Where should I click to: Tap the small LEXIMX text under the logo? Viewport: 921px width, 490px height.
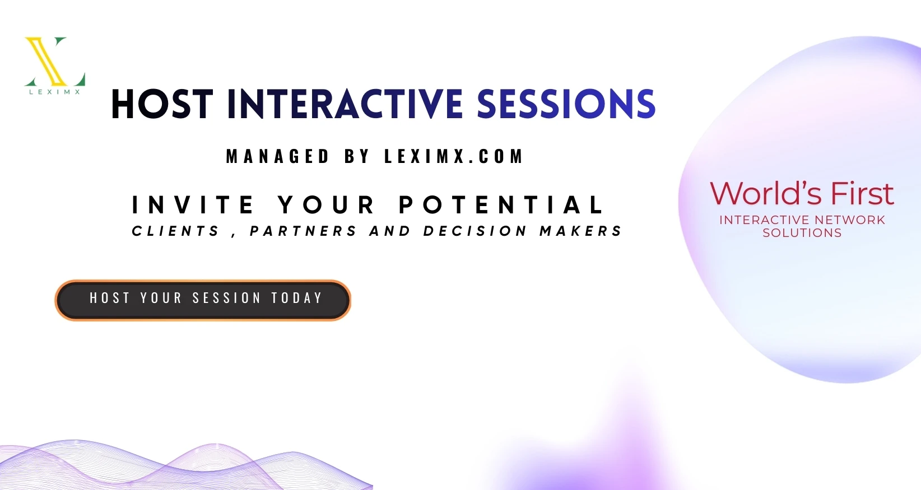55,92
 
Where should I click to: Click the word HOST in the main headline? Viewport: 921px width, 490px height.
162,104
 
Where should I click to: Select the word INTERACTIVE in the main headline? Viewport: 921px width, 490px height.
345,104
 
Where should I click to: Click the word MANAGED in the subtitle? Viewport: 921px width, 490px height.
278,156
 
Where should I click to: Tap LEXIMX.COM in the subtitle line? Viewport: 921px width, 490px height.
454,156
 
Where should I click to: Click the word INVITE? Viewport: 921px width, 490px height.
193,205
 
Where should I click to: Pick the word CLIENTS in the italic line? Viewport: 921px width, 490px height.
175,231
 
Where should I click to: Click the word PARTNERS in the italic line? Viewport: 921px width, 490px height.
303,231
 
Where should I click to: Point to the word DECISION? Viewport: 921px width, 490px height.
475,231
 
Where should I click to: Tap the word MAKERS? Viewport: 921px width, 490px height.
580,231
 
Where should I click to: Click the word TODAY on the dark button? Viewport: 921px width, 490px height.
297,297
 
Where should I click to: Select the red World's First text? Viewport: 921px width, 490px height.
802,193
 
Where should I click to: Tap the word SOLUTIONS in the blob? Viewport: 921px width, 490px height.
802,233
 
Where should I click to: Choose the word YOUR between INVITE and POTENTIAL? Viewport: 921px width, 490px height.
326,205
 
